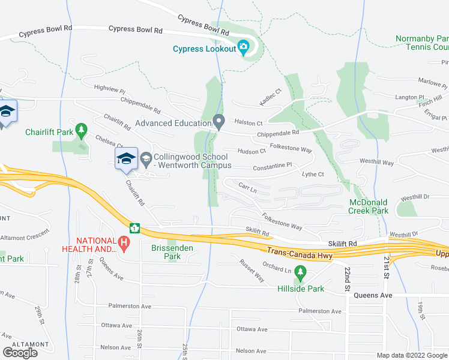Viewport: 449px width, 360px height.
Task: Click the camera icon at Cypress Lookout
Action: point(244,47)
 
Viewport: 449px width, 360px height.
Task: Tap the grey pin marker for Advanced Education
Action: point(219,122)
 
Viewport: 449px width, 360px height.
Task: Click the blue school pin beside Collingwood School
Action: point(126,159)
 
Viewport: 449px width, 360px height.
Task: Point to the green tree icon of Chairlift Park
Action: point(82,129)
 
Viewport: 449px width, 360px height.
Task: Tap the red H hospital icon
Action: point(124,244)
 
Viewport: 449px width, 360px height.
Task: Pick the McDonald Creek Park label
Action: point(369,206)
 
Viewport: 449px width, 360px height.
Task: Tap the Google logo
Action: point(20,353)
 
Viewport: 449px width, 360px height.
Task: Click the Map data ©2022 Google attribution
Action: point(412,355)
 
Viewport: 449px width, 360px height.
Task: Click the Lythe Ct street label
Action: point(313,174)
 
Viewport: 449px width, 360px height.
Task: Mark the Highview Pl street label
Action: point(109,88)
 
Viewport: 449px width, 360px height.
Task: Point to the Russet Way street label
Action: point(252,271)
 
